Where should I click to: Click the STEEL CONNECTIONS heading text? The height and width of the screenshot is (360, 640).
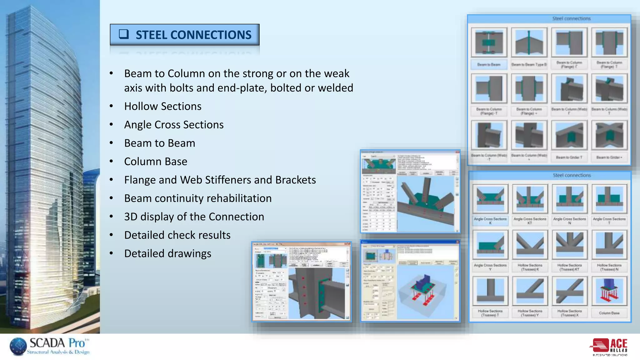[193, 35]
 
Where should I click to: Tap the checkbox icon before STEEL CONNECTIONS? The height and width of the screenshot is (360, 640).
[124, 34]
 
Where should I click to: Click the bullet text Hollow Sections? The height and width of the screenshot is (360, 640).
[162, 106]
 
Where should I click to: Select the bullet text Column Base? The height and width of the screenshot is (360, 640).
[156, 162]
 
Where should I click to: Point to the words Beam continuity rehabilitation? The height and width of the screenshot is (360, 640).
[197, 198]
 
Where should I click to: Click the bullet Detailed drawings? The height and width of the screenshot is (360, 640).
[167, 253]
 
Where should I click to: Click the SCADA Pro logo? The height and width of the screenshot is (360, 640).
[50, 346]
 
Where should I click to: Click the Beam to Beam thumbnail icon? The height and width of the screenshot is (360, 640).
[489, 42]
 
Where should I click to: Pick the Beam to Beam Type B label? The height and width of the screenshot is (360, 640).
[529, 65]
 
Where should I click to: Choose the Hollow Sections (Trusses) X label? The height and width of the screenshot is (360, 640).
[569, 313]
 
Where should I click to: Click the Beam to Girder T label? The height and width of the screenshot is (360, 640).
[569, 157]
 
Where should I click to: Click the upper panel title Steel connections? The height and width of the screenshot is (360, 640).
[571, 19]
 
